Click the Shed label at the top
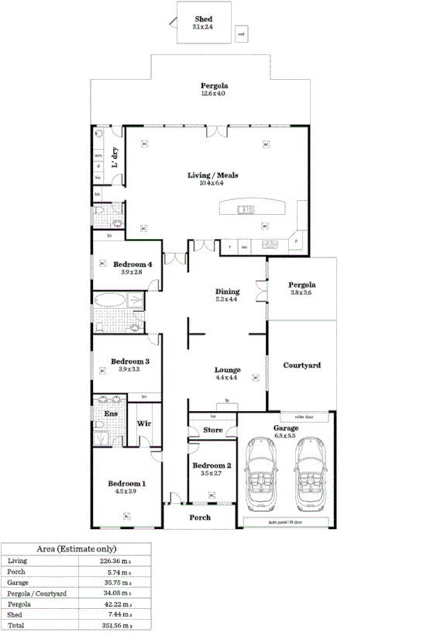(x=202, y=19)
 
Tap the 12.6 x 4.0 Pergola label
(x=214, y=86)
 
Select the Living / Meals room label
(x=213, y=175)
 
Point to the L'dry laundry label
(x=115, y=157)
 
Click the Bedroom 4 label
(x=132, y=264)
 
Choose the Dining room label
(x=227, y=292)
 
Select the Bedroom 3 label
(x=129, y=361)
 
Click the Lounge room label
(x=227, y=370)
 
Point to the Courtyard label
(x=301, y=365)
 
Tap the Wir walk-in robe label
(x=143, y=424)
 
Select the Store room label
(x=212, y=430)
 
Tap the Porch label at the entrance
(x=200, y=517)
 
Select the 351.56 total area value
(x=118, y=624)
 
